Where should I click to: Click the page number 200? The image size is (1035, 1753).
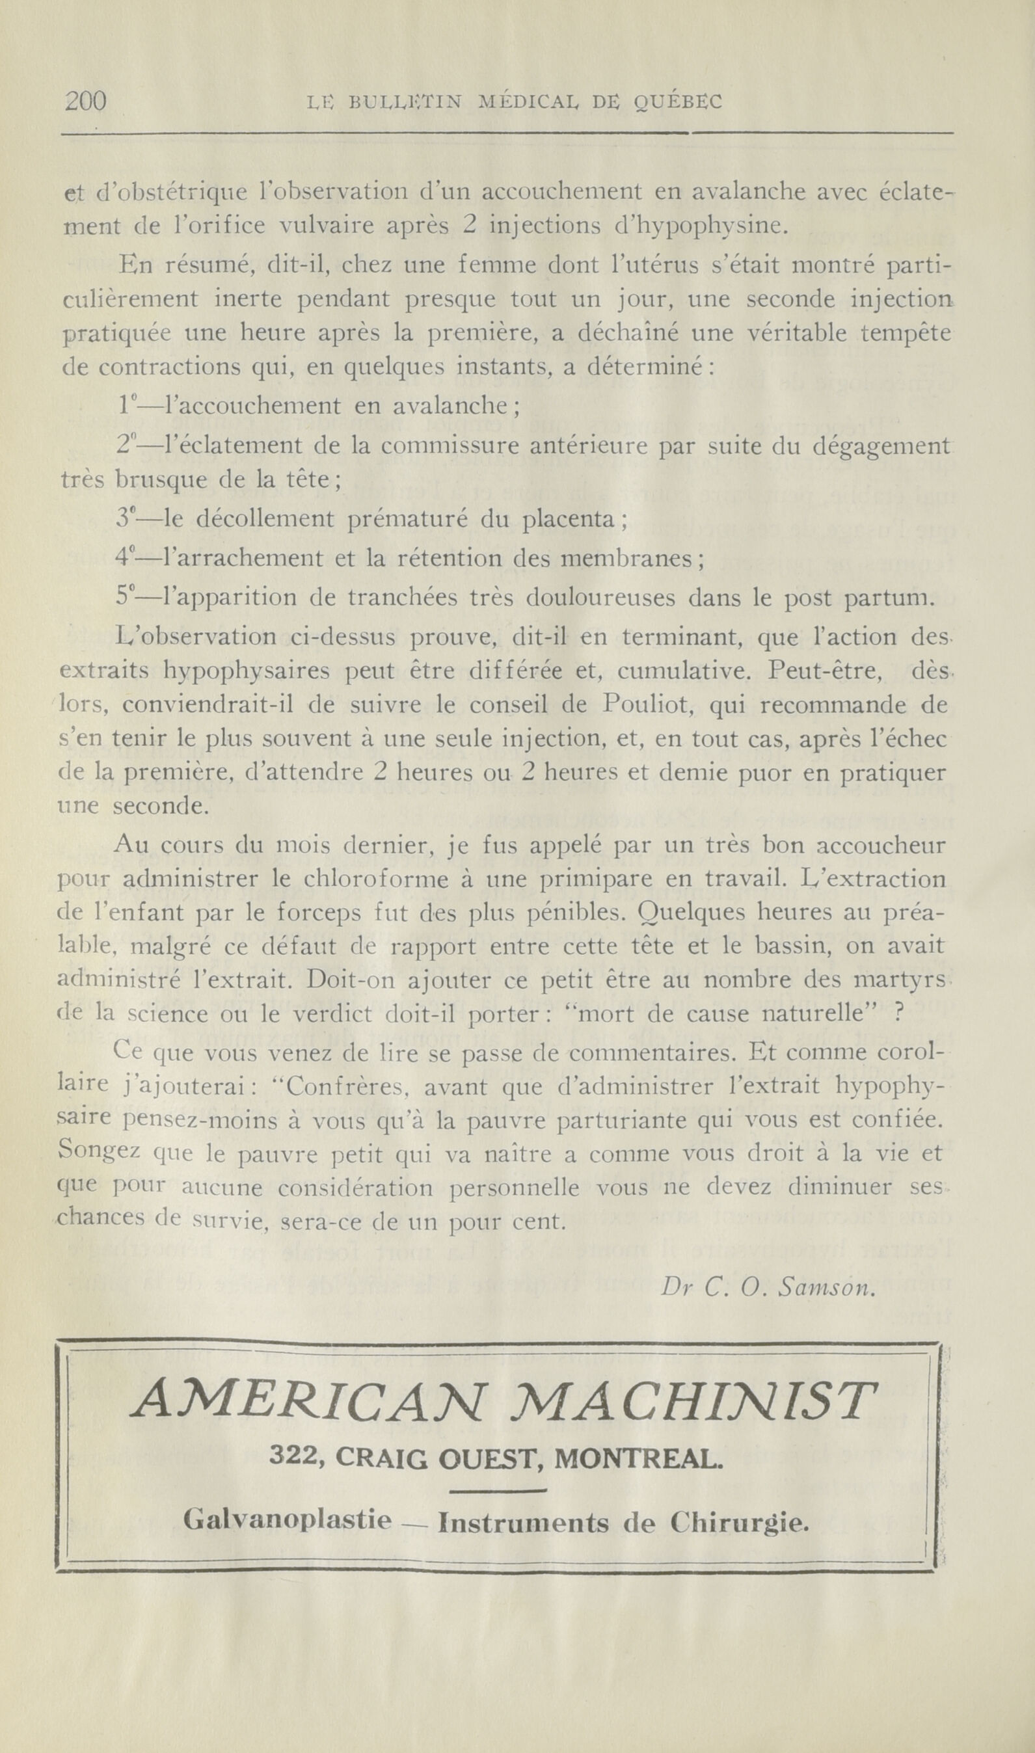point(85,102)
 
